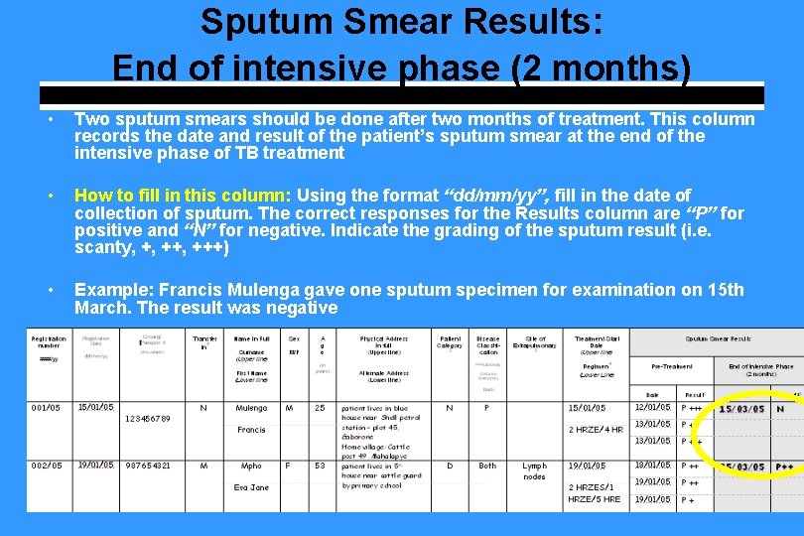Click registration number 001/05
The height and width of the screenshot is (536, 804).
[x=46, y=408]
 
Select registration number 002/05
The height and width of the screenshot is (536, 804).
[x=46, y=466]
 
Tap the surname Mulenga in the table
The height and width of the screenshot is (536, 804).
[x=251, y=408]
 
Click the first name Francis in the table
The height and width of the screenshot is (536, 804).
[x=251, y=430]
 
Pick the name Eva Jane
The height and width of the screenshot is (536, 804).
[x=251, y=487]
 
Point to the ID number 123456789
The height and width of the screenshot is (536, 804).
[x=148, y=419]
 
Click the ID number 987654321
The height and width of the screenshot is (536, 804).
[x=148, y=466]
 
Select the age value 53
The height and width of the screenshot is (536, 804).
[x=321, y=466]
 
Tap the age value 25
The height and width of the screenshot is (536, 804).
[x=321, y=408]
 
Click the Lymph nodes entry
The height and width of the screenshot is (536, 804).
[x=534, y=470]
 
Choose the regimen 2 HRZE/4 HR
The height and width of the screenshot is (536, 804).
[x=596, y=430]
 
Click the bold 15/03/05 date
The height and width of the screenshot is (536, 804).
[x=740, y=409]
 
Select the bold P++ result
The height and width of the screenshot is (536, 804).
[x=784, y=467]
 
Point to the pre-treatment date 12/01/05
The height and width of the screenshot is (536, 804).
[x=652, y=407]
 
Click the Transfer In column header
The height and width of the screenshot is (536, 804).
[x=204, y=342]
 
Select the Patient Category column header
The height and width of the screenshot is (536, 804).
[x=450, y=342]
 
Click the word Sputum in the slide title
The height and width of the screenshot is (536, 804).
[x=258, y=22]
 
